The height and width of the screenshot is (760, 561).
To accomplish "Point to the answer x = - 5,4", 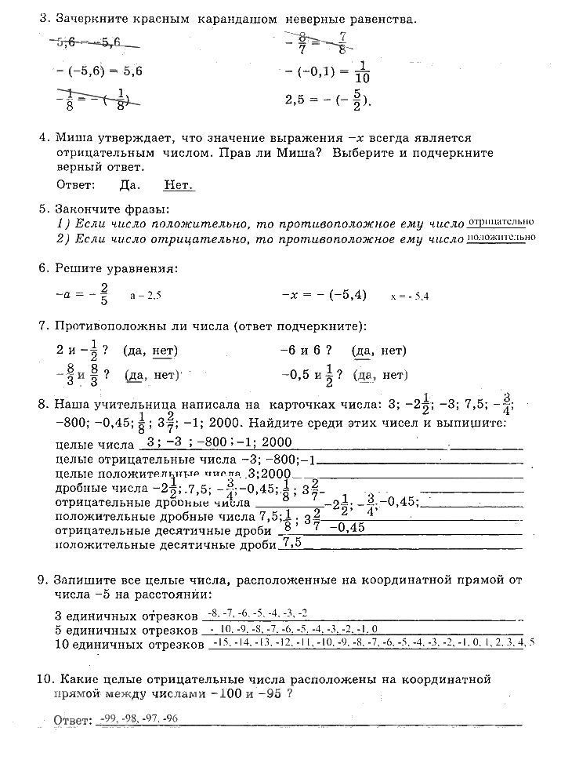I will coord(410,296).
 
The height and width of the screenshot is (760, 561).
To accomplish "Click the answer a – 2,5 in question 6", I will coord(146,296).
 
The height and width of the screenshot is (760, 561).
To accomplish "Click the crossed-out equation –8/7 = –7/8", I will coord(317,42).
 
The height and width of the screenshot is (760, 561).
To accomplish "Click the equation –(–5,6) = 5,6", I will coord(101,70).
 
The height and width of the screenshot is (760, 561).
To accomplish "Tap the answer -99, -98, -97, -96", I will coord(136,718).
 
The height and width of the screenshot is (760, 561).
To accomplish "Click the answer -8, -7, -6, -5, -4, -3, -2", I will coord(254,612).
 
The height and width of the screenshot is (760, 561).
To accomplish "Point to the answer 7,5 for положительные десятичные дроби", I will coord(291,542).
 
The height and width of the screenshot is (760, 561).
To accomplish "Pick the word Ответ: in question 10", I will coord(71,720).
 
